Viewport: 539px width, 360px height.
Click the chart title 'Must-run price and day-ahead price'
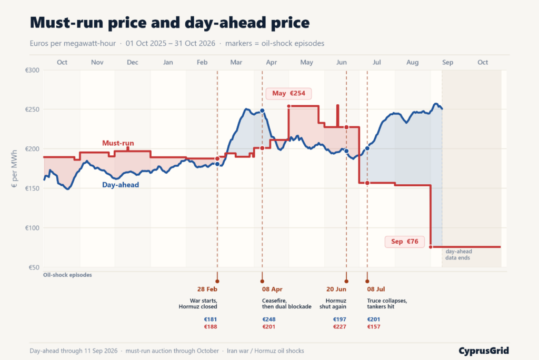click(x=170, y=23)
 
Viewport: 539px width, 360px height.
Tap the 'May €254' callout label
click(x=288, y=94)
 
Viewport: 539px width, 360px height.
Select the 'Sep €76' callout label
click(x=405, y=242)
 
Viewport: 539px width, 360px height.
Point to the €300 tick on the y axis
click(x=32, y=70)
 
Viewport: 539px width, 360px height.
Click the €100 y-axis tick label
click(x=32, y=227)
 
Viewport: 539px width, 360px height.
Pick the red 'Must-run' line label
click(x=118, y=143)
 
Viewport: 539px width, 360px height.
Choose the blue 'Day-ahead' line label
click(x=121, y=185)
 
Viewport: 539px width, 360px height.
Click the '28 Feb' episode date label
click(x=207, y=289)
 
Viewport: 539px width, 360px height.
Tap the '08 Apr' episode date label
click(x=272, y=289)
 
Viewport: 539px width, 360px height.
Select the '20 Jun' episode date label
click(x=336, y=289)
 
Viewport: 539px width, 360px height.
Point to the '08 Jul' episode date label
click(x=376, y=289)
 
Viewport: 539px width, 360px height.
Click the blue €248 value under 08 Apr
click(x=269, y=319)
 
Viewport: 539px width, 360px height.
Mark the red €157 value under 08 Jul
click(x=374, y=327)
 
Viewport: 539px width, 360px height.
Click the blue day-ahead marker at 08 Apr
click(x=262, y=111)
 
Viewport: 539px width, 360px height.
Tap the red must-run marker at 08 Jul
click(x=367, y=183)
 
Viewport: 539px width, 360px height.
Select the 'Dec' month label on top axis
click(x=132, y=62)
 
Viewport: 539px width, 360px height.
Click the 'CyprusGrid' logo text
click(x=484, y=351)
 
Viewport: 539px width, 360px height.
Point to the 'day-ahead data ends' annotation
click(x=458, y=254)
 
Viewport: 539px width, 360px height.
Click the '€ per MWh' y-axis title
click(x=14, y=168)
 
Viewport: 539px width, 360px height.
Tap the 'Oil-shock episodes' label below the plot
click(x=67, y=275)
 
